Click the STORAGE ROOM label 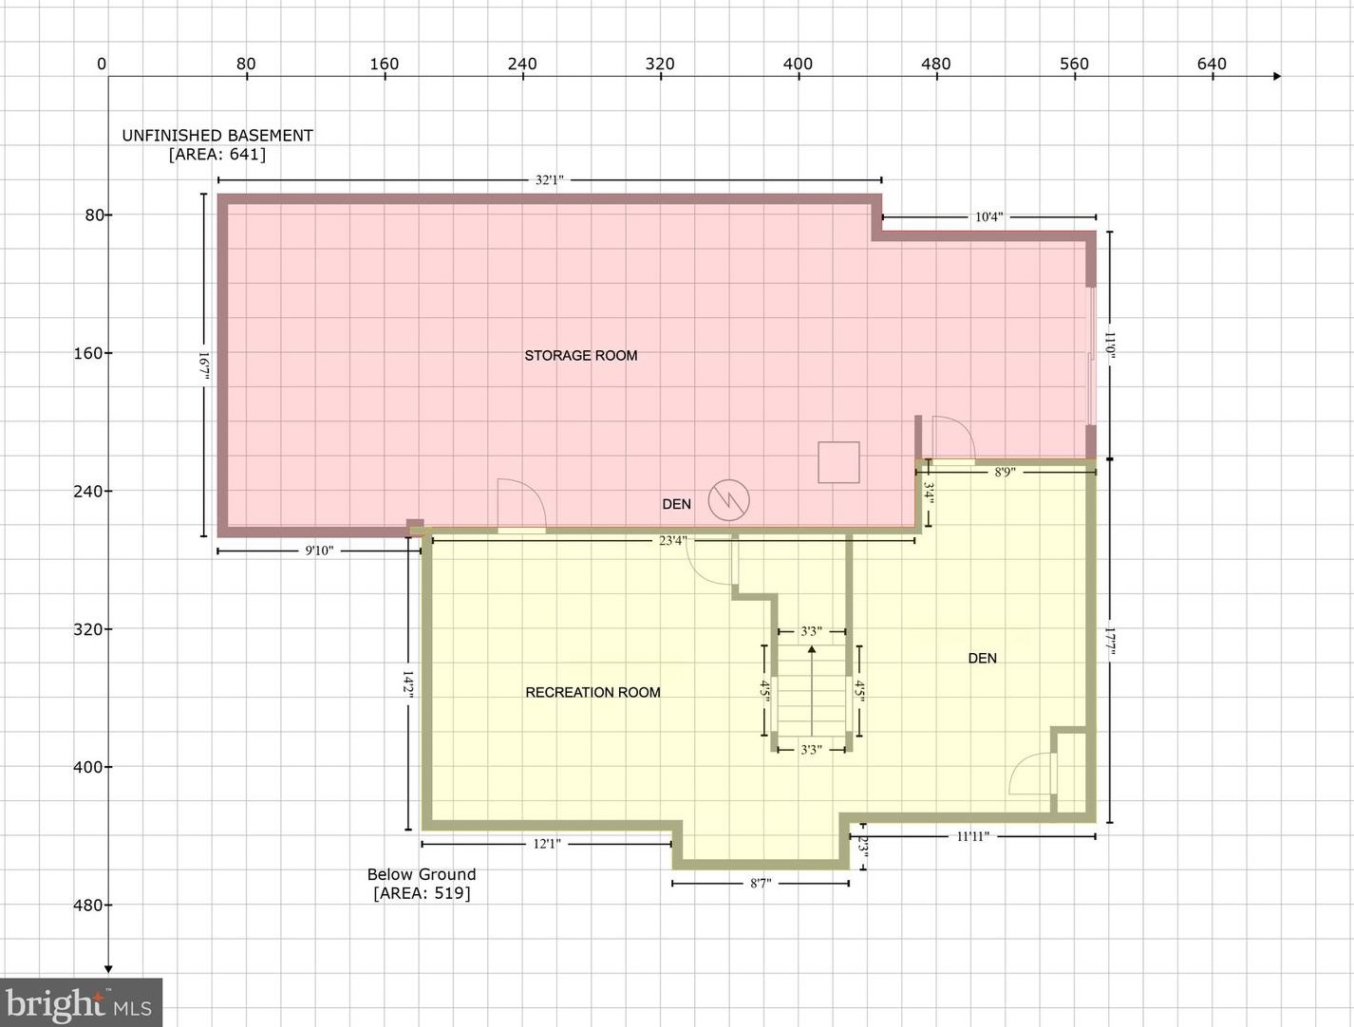pos(580,355)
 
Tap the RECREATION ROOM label pos(592,692)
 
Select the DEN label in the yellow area pos(982,658)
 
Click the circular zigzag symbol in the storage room pos(728,499)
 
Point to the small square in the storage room pos(838,462)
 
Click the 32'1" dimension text pos(549,179)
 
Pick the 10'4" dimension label pos(988,216)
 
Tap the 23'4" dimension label pos(672,540)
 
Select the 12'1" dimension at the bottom pos(547,843)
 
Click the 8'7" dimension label pos(761,883)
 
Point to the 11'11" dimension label pos(972,836)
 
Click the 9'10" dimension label pos(319,551)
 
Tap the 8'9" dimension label pos(1005,471)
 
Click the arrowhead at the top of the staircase pos(812,649)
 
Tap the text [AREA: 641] pos(216,154)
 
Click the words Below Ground pos(422,874)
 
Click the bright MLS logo pos(81,1002)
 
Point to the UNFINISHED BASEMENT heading pos(216,135)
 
